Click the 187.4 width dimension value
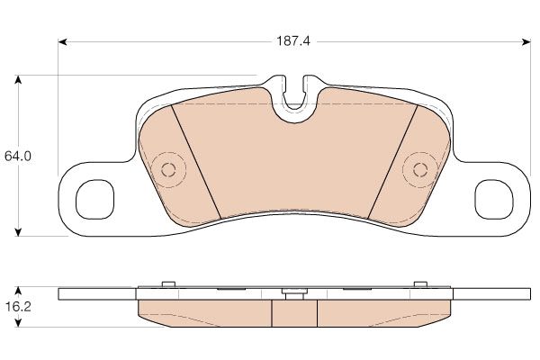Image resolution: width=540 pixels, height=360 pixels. point(293,41)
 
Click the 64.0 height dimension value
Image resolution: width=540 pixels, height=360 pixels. point(18,157)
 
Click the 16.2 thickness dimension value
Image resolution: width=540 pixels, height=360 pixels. point(18,306)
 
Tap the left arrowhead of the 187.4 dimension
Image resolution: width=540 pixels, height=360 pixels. point(62,42)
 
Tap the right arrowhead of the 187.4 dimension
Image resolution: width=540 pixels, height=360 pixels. point(526,42)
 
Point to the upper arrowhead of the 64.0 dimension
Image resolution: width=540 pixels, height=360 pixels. point(19,80)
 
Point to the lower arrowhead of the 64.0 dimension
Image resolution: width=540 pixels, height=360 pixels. point(19,231)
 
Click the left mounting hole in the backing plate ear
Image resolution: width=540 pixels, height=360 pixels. point(94,200)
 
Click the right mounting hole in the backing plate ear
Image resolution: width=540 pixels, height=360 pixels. point(494,200)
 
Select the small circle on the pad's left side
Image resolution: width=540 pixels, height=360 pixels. point(168,169)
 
